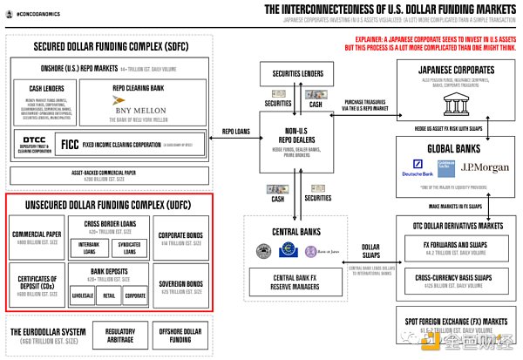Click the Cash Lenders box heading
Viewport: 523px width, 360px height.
click(x=46, y=88)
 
